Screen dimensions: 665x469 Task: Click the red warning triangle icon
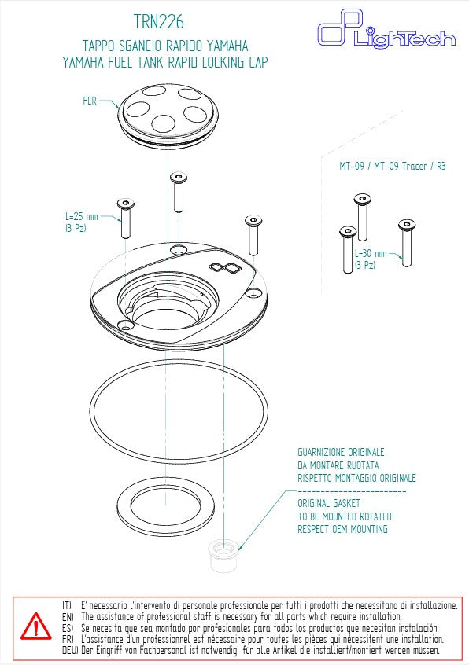(x=35, y=626)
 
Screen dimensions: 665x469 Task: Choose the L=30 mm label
(x=371, y=253)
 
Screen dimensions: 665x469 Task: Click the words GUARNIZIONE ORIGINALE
(x=341, y=452)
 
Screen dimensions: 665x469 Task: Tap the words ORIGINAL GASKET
(x=328, y=503)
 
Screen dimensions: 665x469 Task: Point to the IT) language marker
(x=67, y=606)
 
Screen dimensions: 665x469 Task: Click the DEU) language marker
(x=68, y=651)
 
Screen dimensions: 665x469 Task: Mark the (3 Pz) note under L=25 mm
(x=76, y=228)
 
